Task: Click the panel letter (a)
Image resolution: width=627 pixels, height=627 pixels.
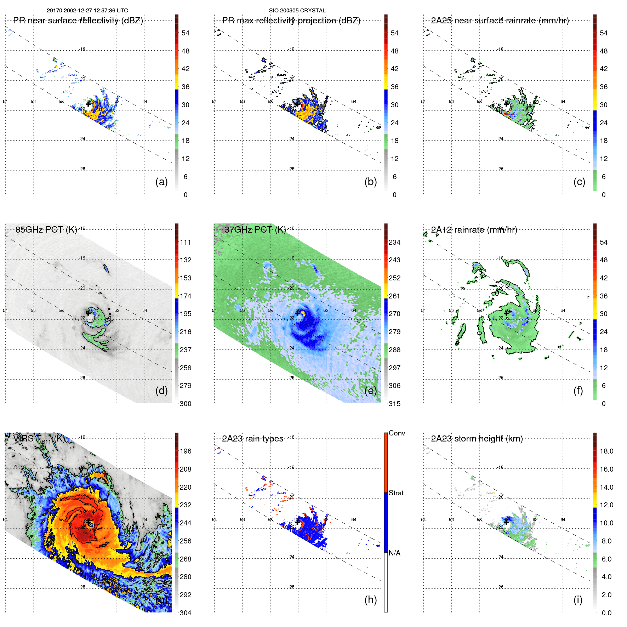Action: click(161, 182)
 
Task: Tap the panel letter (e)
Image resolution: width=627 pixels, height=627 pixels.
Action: click(370, 391)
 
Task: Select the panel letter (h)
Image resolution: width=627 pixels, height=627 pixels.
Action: click(370, 600)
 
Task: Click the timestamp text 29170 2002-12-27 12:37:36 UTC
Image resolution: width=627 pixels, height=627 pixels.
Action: click(87, 11)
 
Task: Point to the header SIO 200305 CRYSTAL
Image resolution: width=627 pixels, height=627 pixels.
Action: click(297, 11)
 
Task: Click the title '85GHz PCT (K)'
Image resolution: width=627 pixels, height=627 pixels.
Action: click(46, 229)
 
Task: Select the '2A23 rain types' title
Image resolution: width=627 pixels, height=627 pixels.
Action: click(252, 439)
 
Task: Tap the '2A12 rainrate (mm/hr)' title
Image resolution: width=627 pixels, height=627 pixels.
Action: click(474, 229)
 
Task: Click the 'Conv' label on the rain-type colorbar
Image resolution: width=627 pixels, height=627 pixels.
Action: click(397, 433)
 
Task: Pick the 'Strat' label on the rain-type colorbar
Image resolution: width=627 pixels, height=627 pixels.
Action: click(396, 493)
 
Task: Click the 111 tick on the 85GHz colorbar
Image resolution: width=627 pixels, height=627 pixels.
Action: click(185, 242)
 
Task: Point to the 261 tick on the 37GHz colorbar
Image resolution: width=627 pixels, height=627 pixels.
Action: click(394, 296)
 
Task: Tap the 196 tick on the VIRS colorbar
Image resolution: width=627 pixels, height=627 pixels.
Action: click(185, 451)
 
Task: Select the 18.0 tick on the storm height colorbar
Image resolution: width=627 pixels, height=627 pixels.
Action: click(606, 451)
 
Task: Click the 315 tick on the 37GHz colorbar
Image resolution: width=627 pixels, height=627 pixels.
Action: click(394, 404)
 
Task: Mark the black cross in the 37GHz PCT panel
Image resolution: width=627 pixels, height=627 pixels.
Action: click(297, 313)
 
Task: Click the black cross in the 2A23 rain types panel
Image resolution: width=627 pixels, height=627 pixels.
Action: click(297, 522)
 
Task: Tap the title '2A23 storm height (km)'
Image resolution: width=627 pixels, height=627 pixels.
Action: click(477, 439)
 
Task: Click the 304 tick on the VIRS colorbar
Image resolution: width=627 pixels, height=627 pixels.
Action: click(185, 613)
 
